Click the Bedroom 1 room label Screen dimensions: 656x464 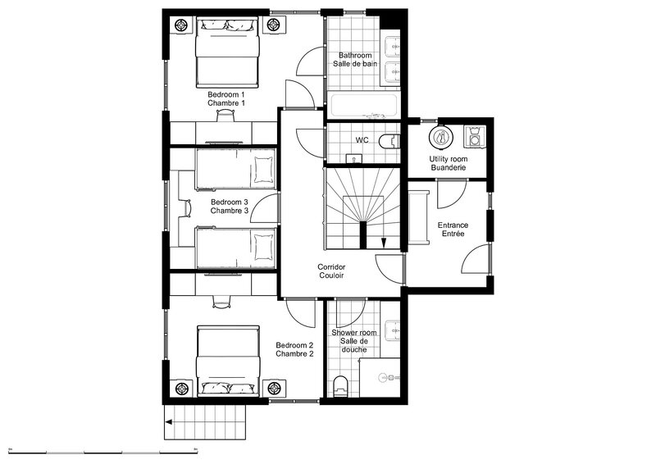coord(226,98)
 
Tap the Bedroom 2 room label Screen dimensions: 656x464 coord(294,350)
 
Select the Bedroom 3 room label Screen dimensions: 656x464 coord(230,207)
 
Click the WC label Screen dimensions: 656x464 coord(362,139)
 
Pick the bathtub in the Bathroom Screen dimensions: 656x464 coord(363,106)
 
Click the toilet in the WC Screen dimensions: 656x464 coord(389,141)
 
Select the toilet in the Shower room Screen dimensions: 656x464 coord(341,386)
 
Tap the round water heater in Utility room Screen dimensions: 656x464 coord(440,136)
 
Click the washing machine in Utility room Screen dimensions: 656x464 coord(475,136)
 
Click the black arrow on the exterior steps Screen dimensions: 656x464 coord(169,422)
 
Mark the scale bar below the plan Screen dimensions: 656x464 coord(103,452)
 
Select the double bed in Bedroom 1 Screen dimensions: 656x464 coord(228,52)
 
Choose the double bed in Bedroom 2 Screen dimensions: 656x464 coord(228,361)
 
